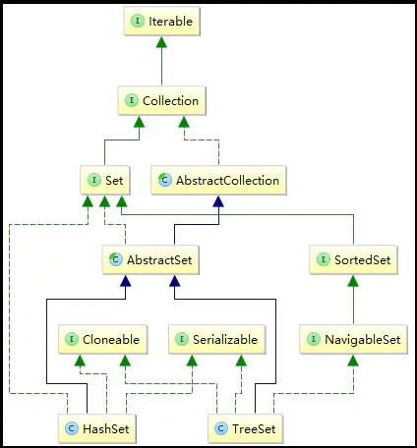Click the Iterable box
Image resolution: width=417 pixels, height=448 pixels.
163,20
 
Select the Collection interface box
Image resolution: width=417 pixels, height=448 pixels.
163,100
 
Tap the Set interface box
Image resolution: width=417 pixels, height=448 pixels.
104,180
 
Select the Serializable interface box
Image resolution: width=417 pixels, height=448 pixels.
217,340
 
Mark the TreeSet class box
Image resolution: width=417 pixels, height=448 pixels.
247,428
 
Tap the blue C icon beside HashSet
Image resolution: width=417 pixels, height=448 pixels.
72,428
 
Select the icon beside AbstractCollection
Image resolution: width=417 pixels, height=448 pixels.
165,180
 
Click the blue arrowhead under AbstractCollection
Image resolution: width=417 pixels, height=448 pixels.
218,200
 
